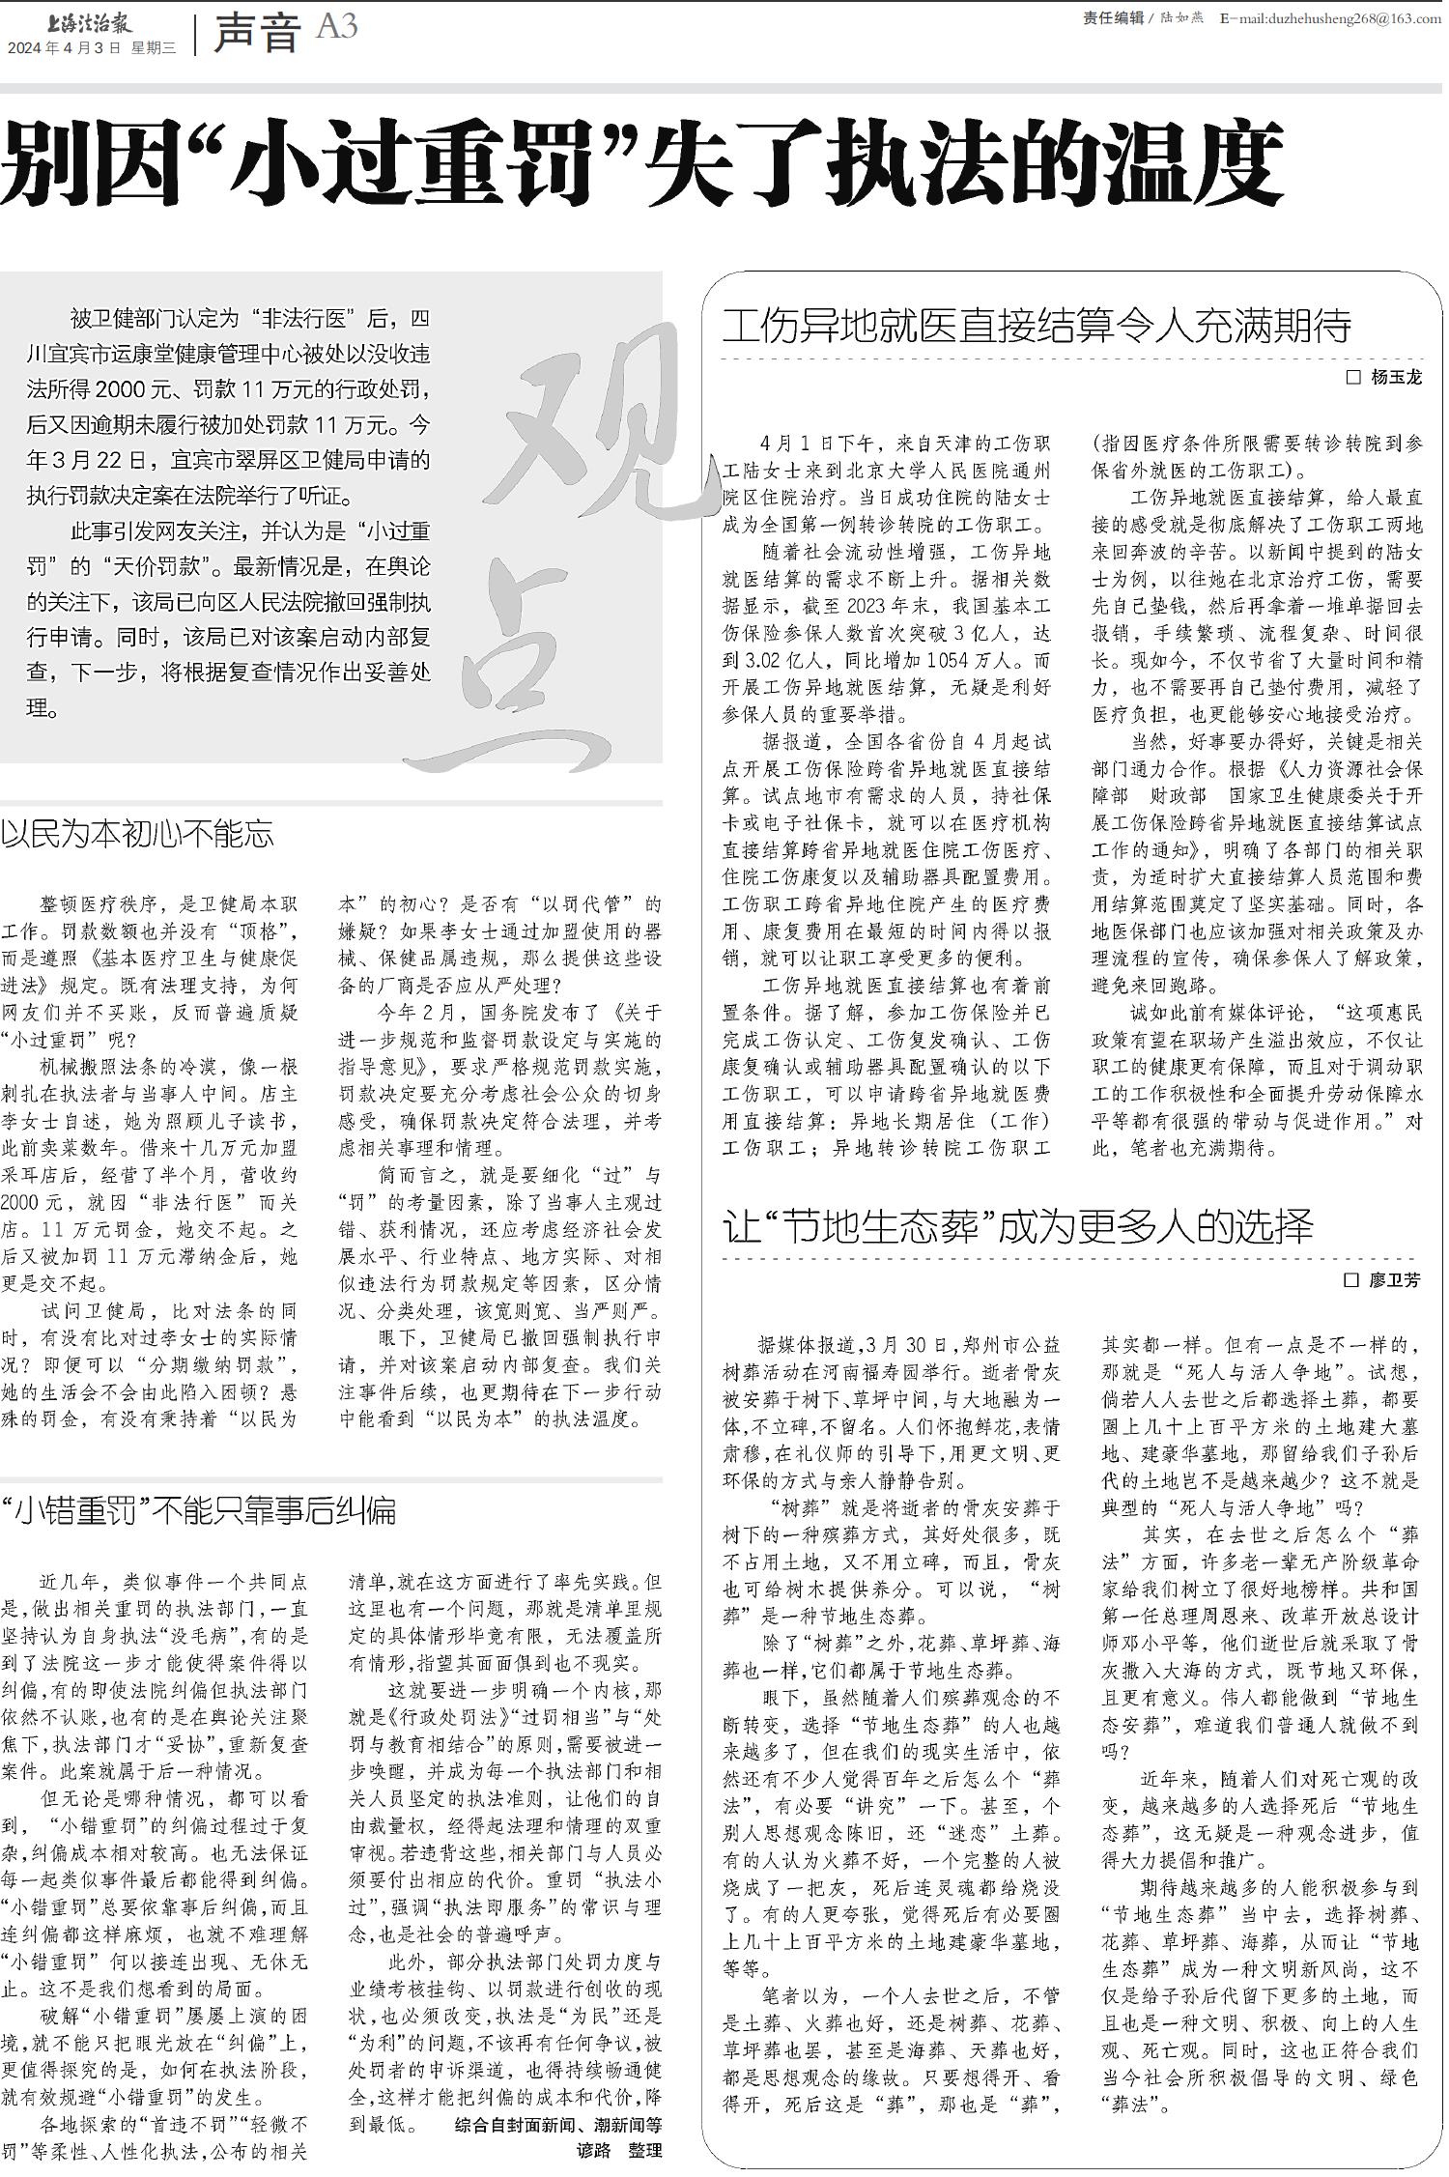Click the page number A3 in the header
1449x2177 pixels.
[337, 27]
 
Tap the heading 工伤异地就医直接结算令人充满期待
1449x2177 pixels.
[1037, 326]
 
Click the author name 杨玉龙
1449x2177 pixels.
[1397, 378]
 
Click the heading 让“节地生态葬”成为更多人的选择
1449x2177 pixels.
[1018, 1228]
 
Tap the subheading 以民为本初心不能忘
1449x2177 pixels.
[137, 834]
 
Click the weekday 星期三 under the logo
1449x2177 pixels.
[154, 47]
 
